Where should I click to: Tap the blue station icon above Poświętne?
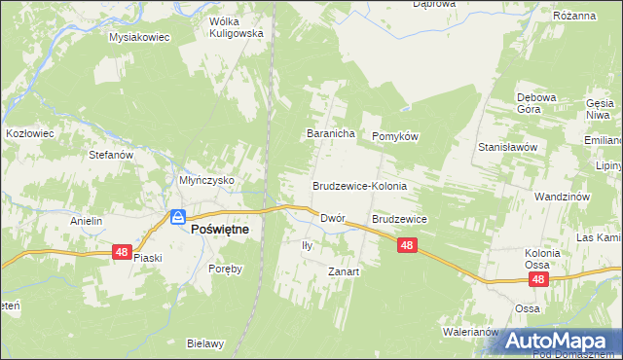(x=178, y=217)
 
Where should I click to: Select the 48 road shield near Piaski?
(x=121, y=251)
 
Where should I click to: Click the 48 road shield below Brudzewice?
(x=408, y=247)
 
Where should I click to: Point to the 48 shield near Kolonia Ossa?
(x=539, y=279)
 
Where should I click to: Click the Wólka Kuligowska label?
(x=237, y=26)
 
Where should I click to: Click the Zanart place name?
(x=344, y=271)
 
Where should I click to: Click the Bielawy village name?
(x=206, y=343)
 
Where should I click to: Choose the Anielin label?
(x=86, y=221)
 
